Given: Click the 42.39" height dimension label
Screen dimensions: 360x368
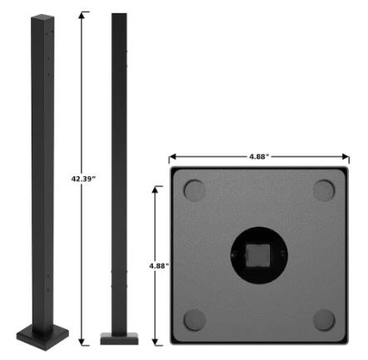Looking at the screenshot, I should (x=81, y=177).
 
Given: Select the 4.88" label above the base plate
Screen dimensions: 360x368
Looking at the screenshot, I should (x=258, y=155).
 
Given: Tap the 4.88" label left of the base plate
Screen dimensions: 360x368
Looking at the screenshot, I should (x=158, y=265).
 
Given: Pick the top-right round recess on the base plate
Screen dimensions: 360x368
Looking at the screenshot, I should (x=325, y=190).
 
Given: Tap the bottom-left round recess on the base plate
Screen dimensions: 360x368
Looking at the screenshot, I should (x=194, y=319).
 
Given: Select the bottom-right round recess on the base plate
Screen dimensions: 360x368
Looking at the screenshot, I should (x=325, y=319).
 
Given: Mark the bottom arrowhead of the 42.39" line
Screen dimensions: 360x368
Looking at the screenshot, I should (x=81, y=341).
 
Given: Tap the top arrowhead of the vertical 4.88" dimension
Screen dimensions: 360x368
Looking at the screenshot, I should (x=156, y=188).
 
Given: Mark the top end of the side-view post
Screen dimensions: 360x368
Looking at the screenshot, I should (x=120, y=16).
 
